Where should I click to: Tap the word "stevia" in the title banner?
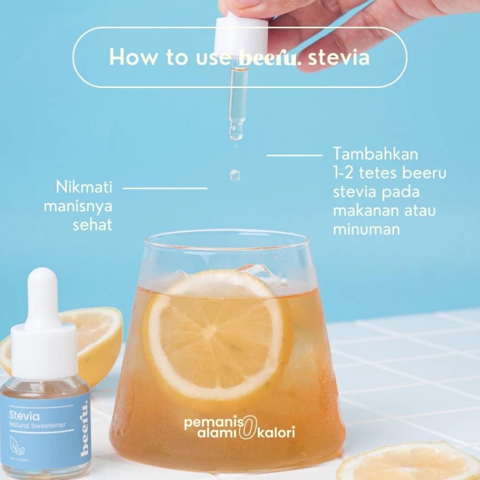coord(339,57)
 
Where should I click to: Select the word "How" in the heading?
coord(128,57)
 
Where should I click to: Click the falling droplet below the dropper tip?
coord(235,174)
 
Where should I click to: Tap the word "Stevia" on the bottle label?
coord(24,416)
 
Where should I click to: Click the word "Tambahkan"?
coord(375,155)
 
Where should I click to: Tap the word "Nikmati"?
coord(84,187)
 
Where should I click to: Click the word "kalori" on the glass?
coord(278,432)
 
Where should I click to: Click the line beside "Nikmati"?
coord(165,187)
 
